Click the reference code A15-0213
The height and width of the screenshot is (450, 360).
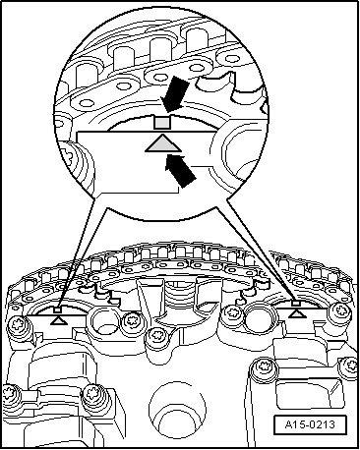click(310, 424)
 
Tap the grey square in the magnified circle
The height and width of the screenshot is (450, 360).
click(162, 123)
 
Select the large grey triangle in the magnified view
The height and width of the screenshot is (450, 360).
click(163, 144)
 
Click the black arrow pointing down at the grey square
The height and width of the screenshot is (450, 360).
click(176, 94)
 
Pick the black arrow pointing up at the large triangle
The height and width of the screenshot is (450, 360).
click(180, 170)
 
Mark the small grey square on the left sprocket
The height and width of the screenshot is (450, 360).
click(58, 309)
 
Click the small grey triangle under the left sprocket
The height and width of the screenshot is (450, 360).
click(59, 320)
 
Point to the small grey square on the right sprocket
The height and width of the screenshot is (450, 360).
click(296, 304)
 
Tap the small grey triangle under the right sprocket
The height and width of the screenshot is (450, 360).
click(297, 313)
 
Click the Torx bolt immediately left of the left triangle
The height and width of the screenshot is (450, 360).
click(18, 326)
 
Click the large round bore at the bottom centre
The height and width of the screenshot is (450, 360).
click(177, 409)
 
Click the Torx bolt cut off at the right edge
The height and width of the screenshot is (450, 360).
click(350, 366)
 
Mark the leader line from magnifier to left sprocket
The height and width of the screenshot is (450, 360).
click(79, 253)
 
